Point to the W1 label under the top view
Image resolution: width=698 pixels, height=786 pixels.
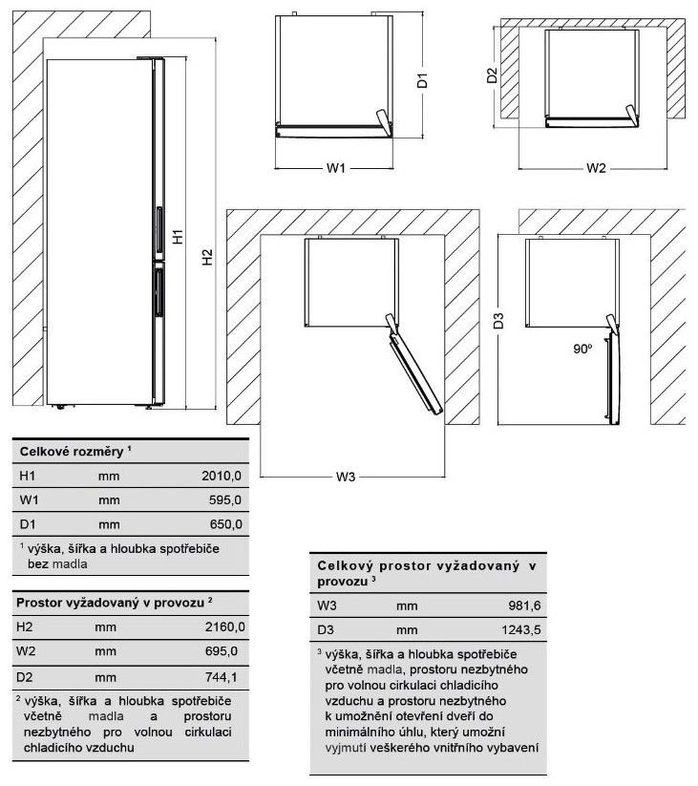[334, 168]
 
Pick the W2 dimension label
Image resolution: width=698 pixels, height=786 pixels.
[596, 168]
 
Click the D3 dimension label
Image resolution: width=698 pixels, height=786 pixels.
[498, 322]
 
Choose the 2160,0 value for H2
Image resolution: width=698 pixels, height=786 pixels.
[226, 626]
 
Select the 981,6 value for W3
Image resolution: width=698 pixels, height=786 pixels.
[524, 605]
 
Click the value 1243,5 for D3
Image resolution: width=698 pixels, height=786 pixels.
[520, 629]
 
